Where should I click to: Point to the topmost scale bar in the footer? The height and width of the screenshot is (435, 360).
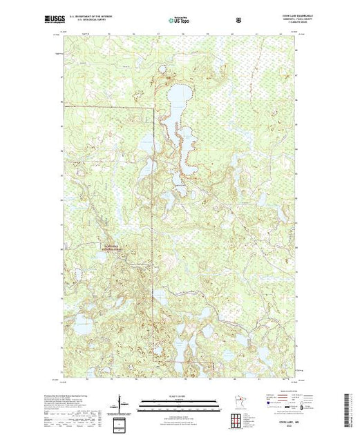click(179, 400)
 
